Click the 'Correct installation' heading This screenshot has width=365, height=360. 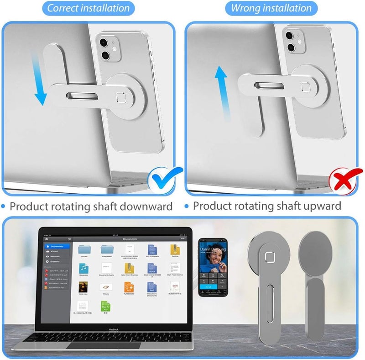[x=89, y=8]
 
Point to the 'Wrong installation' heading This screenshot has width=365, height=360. [x=271, y=8]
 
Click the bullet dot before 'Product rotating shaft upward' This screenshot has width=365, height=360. [x=186, y=206]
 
